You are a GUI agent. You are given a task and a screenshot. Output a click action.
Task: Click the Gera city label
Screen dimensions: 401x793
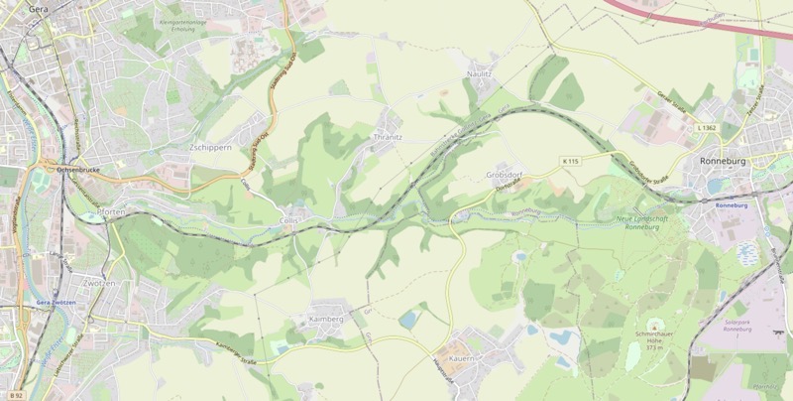coord(39,8)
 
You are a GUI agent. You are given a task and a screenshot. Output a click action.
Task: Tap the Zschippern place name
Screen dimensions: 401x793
coord(210,147)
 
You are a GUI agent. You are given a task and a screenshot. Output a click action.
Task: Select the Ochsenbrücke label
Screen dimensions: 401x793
coord(79,170)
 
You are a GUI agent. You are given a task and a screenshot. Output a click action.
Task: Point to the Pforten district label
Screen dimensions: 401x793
coord(111,212)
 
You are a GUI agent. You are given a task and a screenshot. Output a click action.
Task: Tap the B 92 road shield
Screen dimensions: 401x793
coord(13,394)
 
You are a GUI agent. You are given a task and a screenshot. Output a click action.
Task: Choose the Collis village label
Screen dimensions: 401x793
coord(288,221)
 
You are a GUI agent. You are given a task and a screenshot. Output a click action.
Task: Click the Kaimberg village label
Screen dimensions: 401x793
coord(326,320)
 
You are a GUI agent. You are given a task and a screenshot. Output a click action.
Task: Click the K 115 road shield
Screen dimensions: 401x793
coord(570,161)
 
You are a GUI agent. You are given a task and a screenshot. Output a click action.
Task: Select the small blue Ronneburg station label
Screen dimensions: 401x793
coord(731,204)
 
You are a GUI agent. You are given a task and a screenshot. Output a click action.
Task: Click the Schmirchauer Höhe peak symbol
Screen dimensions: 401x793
coord(653,326)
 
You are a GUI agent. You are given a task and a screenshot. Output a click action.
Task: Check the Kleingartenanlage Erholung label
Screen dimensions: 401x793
coord(194,25)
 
